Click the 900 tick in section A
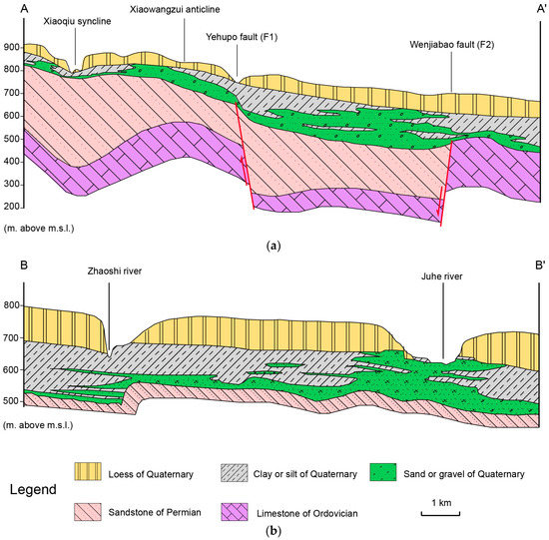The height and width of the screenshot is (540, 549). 12,48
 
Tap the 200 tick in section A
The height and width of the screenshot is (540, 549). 12,207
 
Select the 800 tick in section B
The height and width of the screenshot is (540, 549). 12,307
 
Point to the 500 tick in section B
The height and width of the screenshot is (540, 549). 12,401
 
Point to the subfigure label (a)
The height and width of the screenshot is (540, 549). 274,242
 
